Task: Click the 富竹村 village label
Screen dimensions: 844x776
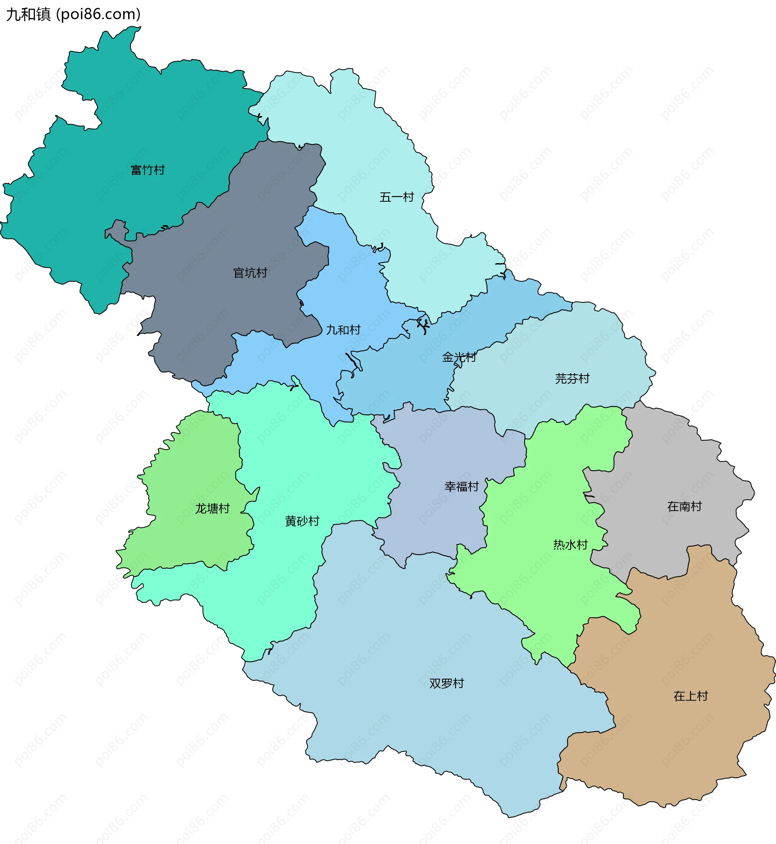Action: [148, 170]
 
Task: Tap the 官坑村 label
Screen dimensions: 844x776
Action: [250, 273]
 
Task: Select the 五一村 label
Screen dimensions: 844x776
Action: [396, 197]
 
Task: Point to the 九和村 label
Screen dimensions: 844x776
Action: [343, 330]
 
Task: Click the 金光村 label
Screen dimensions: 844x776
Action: [459, 357]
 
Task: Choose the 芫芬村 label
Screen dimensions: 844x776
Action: [572, 379]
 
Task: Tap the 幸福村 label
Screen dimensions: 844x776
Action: [462, 487]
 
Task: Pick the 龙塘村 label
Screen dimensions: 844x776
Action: [212, 509]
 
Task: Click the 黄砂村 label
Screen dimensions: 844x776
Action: [302, 521]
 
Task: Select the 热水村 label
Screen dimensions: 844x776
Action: [570, 545]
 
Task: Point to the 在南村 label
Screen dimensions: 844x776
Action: [685, 506]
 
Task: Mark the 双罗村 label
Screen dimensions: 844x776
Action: [446, 684]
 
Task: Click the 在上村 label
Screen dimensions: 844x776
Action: [690, 696]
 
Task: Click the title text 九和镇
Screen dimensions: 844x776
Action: [28, 14]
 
